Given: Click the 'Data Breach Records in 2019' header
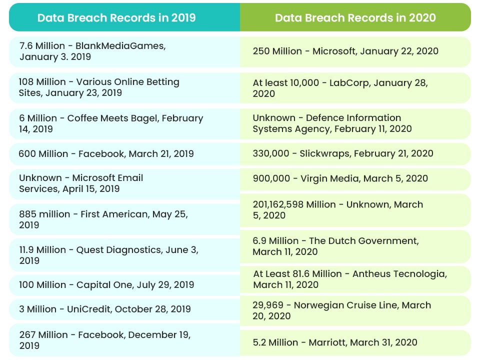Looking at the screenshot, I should [116, 18].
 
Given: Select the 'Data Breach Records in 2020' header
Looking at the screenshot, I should [355, 18].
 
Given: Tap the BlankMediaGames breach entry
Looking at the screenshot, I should [92, 51].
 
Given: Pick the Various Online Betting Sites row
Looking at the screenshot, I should [99, 87].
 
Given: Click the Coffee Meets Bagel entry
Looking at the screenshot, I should [110, 123].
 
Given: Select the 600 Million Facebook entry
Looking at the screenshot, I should [106, 154].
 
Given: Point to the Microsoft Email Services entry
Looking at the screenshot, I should [81, 183].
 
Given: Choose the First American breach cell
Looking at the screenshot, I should [103, 219].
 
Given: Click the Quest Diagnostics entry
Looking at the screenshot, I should [108, 255].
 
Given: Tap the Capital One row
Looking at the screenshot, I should [106, 285].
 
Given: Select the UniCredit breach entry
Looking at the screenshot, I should [104, 309].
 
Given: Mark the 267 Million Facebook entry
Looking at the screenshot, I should [104, 340].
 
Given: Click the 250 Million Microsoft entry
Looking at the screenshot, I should [345, 51].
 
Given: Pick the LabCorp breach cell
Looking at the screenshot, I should [340, 88].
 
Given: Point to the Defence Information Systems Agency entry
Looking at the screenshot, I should [332, 123].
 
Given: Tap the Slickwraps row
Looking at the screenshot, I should [342, 154].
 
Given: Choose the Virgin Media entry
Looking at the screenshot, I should [340, 178].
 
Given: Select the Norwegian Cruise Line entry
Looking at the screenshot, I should [341, 310].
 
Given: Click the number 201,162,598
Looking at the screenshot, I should [280, 204].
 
